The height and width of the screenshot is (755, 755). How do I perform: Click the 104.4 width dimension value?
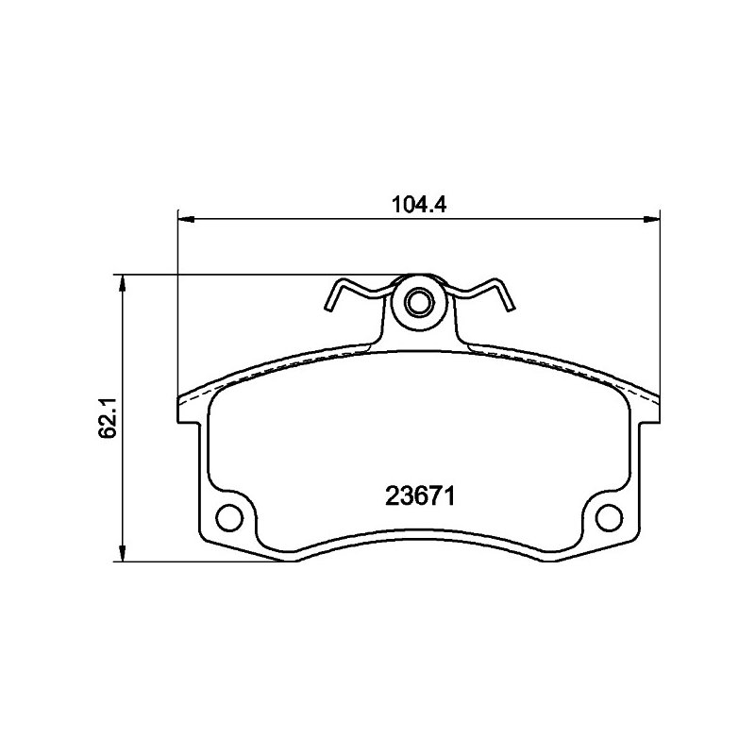coord(419,205)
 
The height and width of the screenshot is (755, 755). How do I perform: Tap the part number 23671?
coord(420,496)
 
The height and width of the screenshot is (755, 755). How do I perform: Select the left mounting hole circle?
coord(228,517)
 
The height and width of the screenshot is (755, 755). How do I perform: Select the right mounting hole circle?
coord(609,517)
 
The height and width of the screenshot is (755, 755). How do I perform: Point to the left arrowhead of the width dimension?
coord(186,220)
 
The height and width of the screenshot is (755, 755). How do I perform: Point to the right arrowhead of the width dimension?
coord(652,220)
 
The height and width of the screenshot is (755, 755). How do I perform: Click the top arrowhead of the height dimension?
coord(124,283)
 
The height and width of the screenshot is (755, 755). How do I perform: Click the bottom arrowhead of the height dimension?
coord(124,553)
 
